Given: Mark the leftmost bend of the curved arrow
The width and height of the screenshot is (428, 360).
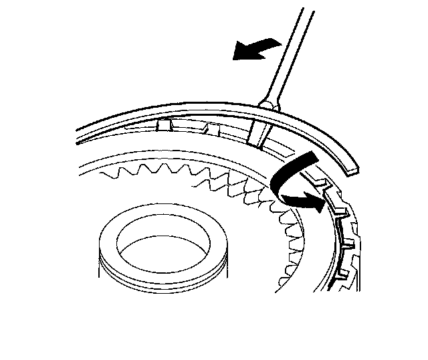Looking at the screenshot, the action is (275, 181).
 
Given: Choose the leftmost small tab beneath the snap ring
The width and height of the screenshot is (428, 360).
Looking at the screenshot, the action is (163, 124).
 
